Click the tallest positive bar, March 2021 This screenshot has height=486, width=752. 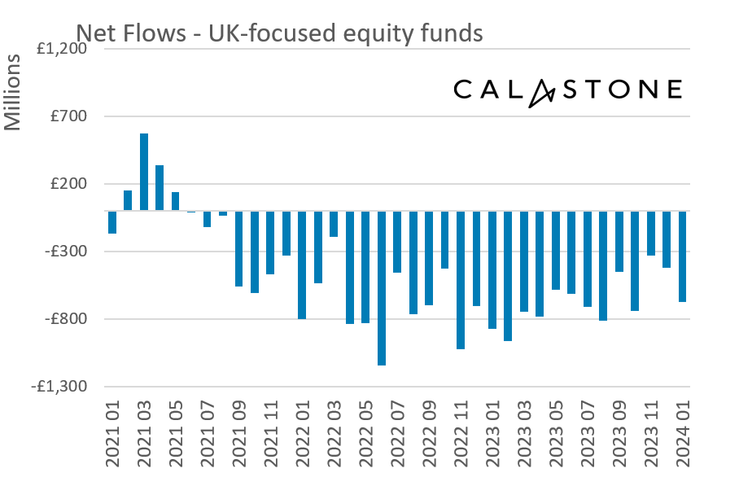(x=144, y=172)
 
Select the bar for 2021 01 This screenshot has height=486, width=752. (x=112, y=222)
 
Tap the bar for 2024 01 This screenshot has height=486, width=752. (x=683, y=256)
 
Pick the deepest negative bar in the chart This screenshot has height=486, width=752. (x=382, y=288)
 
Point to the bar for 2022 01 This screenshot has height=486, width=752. (x=302, y=265)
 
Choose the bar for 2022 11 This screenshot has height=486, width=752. (x=461, y=280)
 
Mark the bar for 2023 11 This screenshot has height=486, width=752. (x=651, y=233)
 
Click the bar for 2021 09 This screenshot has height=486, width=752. (x=239, y=248)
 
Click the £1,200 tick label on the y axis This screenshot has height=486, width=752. (x=62, y=49)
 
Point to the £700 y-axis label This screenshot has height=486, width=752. (x=70, y=116)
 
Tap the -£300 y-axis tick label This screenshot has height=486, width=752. (x=68, y=252)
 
